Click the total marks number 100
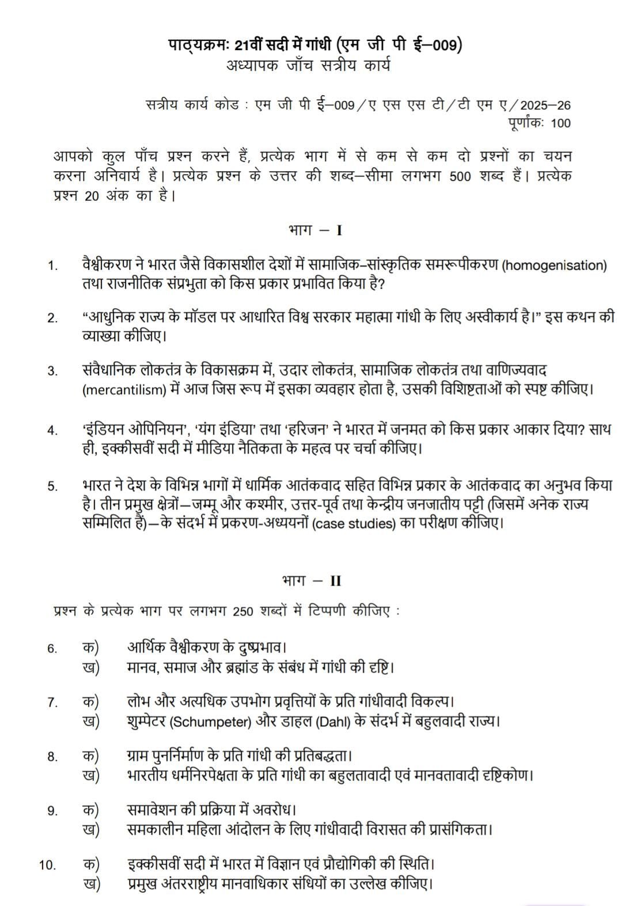point(560,123)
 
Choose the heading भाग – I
point(315,231)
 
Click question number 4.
point(52,430)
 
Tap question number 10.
point(48,865)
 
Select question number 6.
point(52,649)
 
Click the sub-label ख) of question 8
point(90,775)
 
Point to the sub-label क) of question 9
point(90,810)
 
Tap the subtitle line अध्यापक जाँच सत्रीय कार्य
point(309,66)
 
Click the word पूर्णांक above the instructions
point(526,123)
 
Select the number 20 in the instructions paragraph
point(92,195)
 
